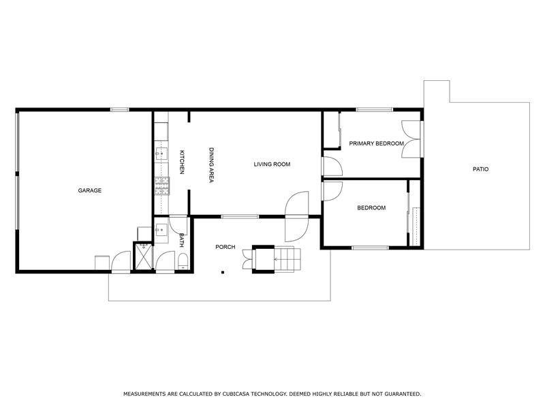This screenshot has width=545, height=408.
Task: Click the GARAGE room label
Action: (x=89, y=190)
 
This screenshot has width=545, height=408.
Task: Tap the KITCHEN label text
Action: (x=182, y=162)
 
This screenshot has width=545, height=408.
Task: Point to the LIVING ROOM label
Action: (x=272, y=164)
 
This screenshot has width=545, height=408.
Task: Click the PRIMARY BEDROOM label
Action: (x=376, y=143)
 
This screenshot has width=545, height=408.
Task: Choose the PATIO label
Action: (x=480, y=169)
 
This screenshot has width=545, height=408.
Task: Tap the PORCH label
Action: (x=225, y=247)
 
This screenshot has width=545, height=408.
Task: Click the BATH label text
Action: (x=182, y=239)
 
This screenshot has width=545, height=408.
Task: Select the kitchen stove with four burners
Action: (x=161, y=182)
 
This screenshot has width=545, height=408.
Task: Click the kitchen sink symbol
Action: (x=161, y=152)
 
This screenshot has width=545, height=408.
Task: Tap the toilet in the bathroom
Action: (x=183, y=262)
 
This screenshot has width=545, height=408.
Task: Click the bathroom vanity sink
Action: (x=161, y=230)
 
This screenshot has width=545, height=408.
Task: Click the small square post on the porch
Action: (x=223, y=273)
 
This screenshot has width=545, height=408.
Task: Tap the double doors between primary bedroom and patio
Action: (x=411, y=139)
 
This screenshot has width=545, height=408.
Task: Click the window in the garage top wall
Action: (x=120, y=109)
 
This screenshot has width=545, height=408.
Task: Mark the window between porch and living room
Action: (x=240, y=217)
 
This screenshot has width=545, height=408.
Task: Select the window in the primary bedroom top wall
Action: (x=374, y=109)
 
